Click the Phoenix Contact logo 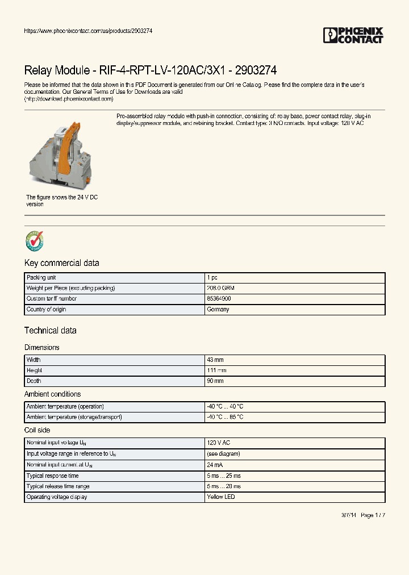[353, 35]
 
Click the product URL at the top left [88, 31]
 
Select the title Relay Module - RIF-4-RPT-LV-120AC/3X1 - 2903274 [150, 70]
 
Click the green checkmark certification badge [34, 241]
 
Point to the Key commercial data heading [61, 263]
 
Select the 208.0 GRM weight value [220, 288]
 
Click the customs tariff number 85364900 [219, 298]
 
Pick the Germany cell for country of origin [218, 309]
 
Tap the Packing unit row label [40, 278]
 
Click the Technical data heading [50, 330]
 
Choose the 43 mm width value [215, 360]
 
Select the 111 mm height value [216, 370]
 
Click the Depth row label [34, 381]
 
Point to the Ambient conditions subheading [52, 394]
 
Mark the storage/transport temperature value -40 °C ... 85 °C [225, 417]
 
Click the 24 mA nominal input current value [215, 465]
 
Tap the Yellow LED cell [220, 497]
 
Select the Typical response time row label [52, 476]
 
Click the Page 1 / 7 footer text [373, 515]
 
